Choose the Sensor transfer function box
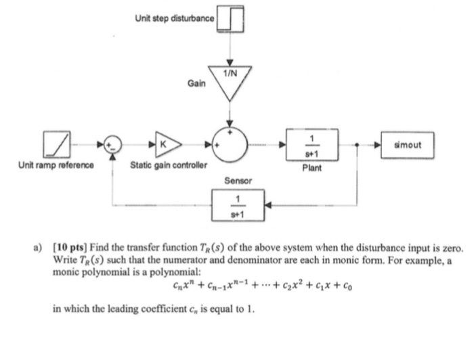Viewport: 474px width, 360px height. point(237,204)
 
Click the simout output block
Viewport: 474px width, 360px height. point(406,143)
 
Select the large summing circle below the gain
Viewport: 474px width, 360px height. point(232,144)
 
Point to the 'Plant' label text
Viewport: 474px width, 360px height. point(312,165)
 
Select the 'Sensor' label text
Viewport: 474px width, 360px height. point(238,181)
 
